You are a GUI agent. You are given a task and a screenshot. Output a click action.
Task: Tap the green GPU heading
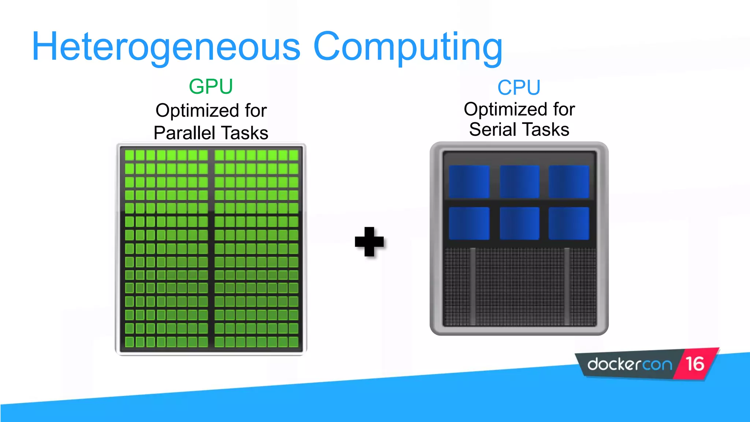coord(211,86)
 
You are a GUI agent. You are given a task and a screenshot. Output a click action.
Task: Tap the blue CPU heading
coord(519,88)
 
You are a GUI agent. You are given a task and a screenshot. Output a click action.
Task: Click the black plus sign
coord(369,242)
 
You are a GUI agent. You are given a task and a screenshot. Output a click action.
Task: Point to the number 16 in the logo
coord(695,364)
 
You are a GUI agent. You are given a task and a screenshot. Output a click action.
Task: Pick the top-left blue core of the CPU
coord(469,182)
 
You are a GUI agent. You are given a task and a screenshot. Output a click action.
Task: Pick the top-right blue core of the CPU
coord(569,182)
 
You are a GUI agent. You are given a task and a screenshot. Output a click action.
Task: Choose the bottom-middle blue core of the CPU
coord(519,223)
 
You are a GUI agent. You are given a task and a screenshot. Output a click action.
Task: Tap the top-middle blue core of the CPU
coord(519,182)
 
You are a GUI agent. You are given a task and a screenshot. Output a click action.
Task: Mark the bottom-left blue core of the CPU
coord(469,223)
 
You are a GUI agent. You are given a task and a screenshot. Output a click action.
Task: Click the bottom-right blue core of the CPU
coord(569,223)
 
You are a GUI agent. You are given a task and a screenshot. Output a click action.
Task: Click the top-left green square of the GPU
coord(129,155)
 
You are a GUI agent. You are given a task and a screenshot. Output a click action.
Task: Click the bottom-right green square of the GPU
coord(293,342)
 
